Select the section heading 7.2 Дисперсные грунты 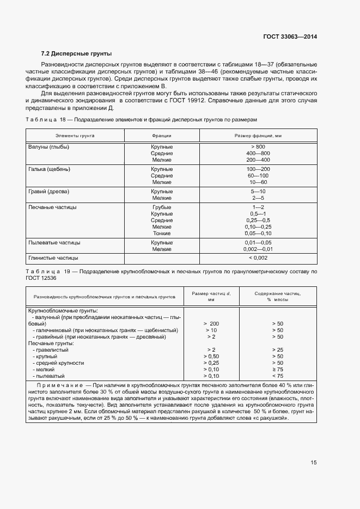click(76, 54)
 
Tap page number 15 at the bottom click(314, 463)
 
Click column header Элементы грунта click(75, 135)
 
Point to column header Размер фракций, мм click(258, 135)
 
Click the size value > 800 click(258, 147)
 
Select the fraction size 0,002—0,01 click(258, 249)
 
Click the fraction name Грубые click(162, 207)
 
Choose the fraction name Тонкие click(162, 233)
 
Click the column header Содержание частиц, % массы click(277, 297)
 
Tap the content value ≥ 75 click(277, 369)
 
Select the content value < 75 click(277, 376)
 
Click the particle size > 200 click(211, 323)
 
